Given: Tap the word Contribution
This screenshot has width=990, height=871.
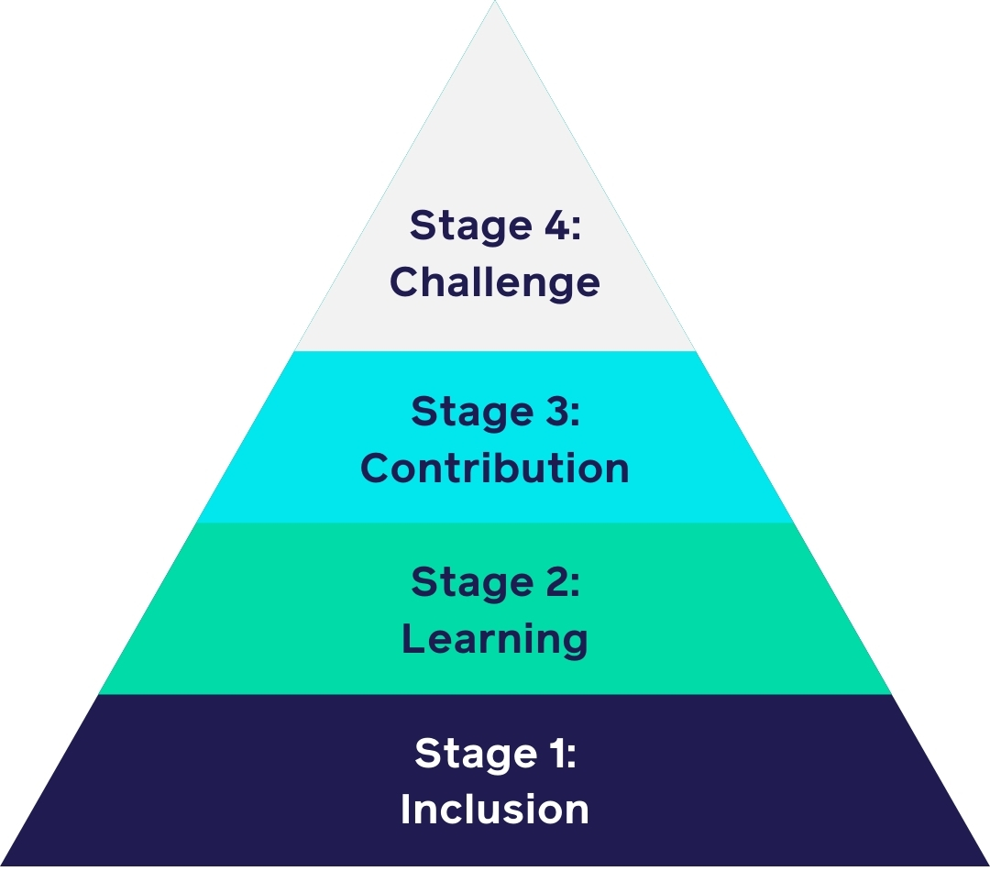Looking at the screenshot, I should (x=495, y=468).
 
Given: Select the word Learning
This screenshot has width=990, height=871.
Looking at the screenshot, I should (x=495, y=639).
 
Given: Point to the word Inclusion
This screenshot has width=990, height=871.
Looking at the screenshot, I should (x=495, y=810).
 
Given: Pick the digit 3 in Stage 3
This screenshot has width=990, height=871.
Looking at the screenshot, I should (x=552, y=412).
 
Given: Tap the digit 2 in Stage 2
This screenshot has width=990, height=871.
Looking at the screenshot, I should (x=552, y=582).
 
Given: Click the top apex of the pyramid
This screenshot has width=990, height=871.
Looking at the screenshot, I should (x=495, y=3).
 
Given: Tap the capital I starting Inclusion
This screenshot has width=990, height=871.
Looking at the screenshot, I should (x=405, y=810).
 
